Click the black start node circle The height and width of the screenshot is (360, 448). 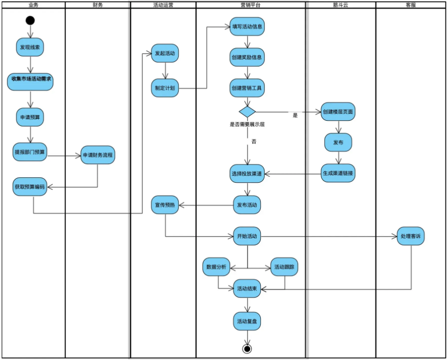(30, 21)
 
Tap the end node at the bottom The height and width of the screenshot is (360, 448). (247, 348)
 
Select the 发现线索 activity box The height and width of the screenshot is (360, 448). (30, 47)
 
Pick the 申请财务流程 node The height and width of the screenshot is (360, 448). (98, 155)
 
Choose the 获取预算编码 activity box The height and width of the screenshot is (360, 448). (30, 186)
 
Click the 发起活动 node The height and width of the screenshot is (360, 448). (165, 53)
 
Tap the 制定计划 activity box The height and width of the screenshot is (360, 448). (165, 87)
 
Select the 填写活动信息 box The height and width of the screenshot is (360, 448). (247, 27)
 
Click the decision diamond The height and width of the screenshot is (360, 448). (247, 111)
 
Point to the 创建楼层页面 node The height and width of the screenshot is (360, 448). (338, 111)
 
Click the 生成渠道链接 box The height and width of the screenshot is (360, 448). (338, 173)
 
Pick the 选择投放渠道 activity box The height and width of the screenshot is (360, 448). (247, 173)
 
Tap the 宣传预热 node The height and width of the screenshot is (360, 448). (165, 205)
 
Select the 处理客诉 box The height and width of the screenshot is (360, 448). (410, 236)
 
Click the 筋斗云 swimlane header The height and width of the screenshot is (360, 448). (341, 5)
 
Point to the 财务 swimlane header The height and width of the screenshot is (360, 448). (98, 5)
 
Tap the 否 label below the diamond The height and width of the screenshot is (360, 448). (254, 142)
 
